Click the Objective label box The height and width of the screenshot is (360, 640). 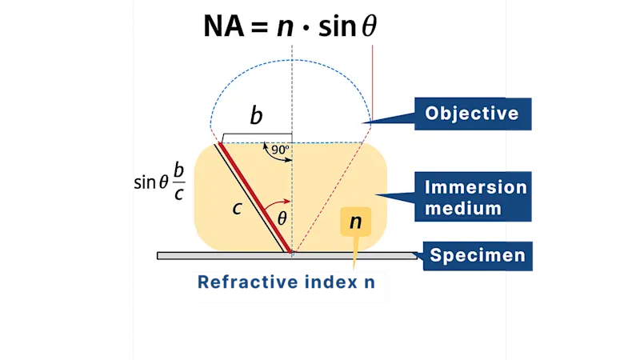[471, 114]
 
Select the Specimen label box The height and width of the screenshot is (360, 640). [478, 256]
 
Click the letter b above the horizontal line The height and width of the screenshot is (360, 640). [256, 116]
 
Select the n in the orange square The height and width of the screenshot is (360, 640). [355, 222]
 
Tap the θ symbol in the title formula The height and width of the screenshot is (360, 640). [368, 27]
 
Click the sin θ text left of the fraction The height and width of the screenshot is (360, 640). [150, 182]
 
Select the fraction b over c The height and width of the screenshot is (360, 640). [179, 182]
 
